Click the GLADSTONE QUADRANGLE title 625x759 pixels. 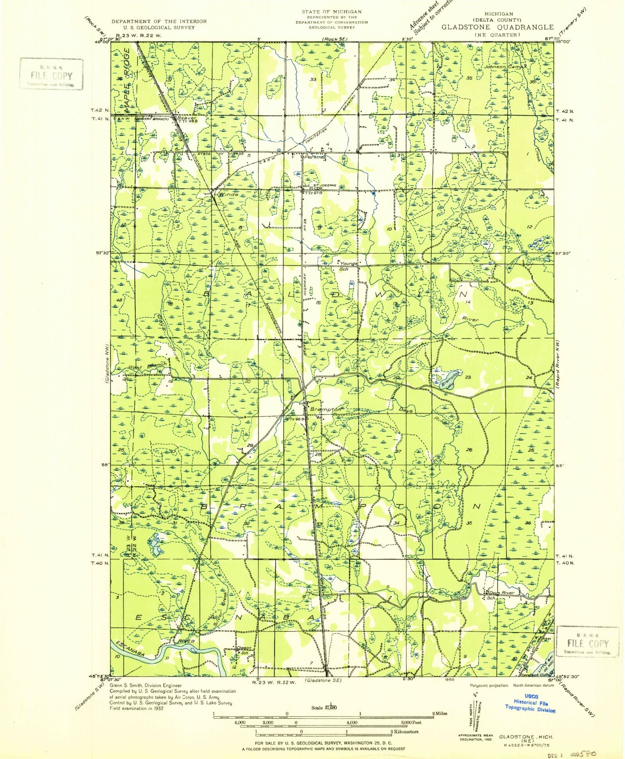497,27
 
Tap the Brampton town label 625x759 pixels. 325,410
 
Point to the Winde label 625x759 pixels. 229,194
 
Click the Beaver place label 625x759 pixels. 186,117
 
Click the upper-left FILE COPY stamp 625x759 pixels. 51,74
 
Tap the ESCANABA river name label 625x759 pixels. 129,649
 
